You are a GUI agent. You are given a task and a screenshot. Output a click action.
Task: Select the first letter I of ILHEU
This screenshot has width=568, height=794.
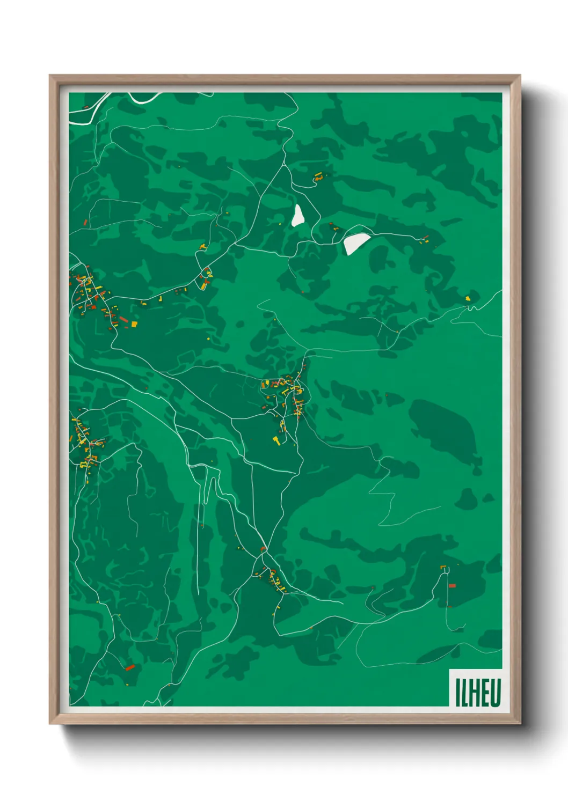[x=458, y=693]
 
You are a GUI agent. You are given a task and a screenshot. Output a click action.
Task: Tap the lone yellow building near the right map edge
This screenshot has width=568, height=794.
[x=468, y=298]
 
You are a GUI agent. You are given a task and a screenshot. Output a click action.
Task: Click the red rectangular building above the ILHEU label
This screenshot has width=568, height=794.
[x=452, y=585]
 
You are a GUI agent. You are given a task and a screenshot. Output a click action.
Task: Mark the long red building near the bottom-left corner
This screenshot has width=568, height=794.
[x=130, y=667]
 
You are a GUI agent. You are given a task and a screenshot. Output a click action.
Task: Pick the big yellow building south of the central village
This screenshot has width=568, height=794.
[x=277, y=440]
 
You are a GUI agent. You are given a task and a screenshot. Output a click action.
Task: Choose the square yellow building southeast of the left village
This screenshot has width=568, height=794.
[x=134, y=324]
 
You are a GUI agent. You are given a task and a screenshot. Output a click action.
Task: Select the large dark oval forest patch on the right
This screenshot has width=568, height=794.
[x=443, y=429]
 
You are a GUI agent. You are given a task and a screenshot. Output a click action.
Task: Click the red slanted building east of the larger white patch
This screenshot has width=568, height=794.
[x=425, y=238]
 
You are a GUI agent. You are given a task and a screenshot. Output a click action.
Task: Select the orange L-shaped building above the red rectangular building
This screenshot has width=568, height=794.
[x=443, y=567]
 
